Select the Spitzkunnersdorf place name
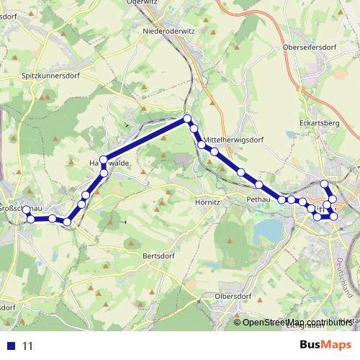pos(48,74)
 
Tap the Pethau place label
pos(258,198)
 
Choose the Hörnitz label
pos(207,202)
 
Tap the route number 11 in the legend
pos(28,346)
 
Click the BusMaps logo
pos(326,345)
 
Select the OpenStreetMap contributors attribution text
pos(295,323)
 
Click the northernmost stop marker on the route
pos(187,119)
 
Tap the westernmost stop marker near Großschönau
pos(27,210)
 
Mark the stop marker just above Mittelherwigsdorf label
pos(194,128)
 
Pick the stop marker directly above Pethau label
pos(258,185)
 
